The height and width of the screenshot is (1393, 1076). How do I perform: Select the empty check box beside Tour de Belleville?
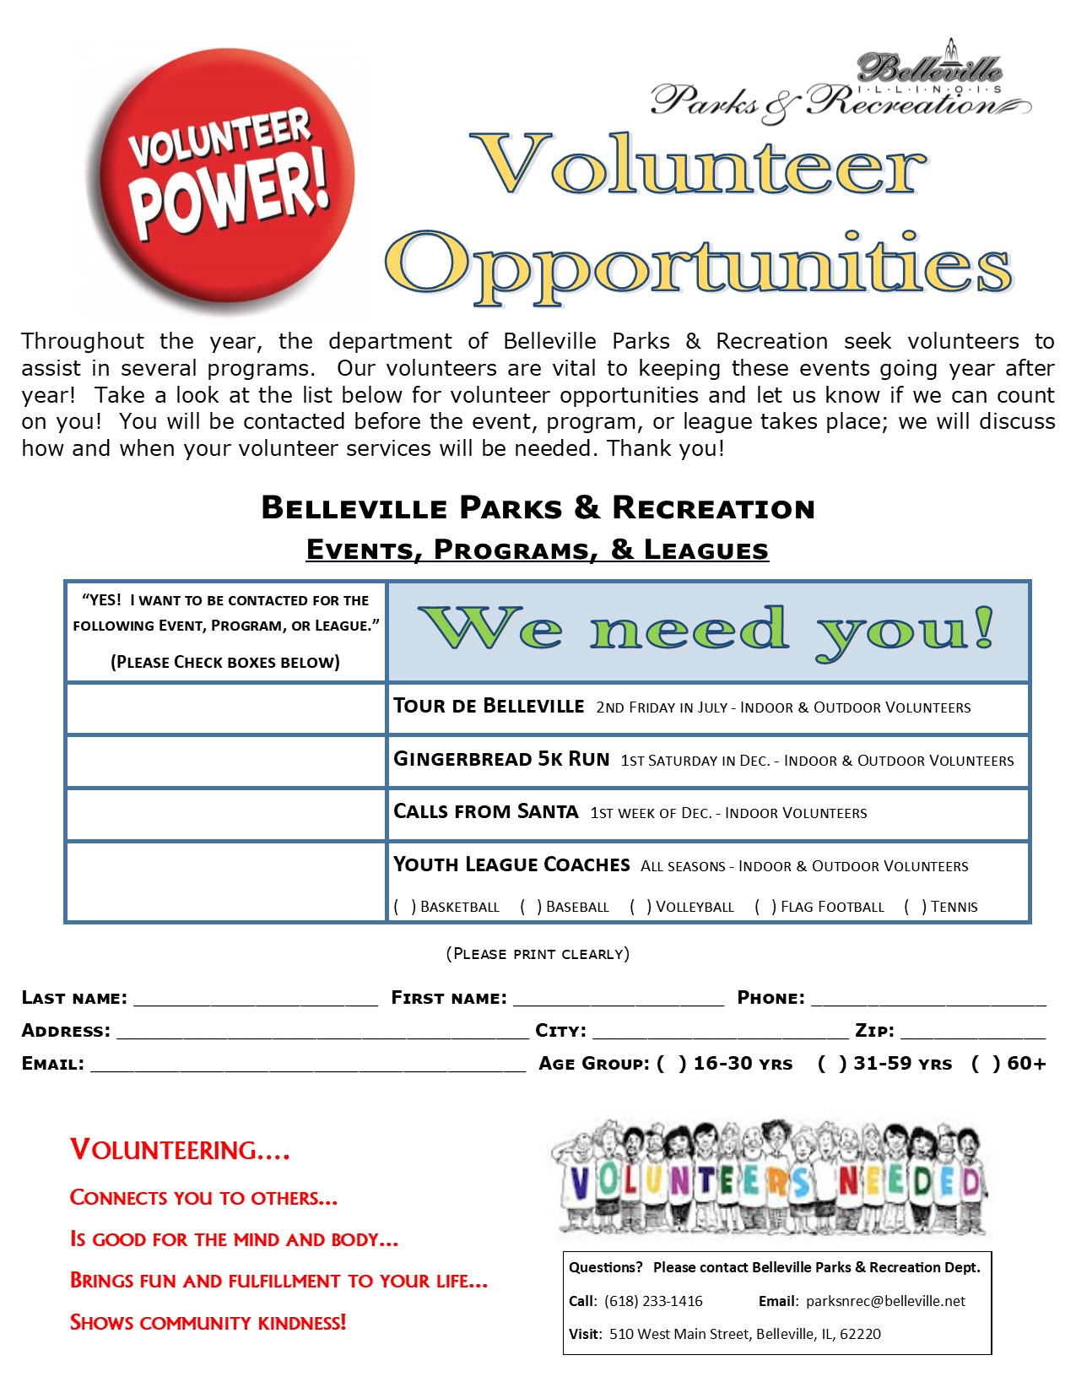[226, 708]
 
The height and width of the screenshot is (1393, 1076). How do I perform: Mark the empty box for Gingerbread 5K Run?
[226, 762]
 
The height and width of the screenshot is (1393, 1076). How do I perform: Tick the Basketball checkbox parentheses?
[405, 907]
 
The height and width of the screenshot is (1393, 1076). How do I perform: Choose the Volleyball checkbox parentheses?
[641, 907]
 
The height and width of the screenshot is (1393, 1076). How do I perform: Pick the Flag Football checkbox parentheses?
[765, 907]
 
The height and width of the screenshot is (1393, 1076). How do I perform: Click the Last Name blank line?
[256, 1000]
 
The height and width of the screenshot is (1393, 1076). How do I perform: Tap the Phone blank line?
[928, 1000]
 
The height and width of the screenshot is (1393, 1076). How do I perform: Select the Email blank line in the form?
[307, 1065]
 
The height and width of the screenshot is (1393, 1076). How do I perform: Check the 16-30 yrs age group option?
[672, 1064]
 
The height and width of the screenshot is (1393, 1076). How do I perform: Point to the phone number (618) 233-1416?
[653, 1301]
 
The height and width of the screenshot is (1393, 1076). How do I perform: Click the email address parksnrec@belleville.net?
[885, 1301]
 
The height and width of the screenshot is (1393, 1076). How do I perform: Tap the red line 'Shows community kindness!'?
[208, 1322]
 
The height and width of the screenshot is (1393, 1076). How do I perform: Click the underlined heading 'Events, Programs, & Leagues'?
[538, 550]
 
